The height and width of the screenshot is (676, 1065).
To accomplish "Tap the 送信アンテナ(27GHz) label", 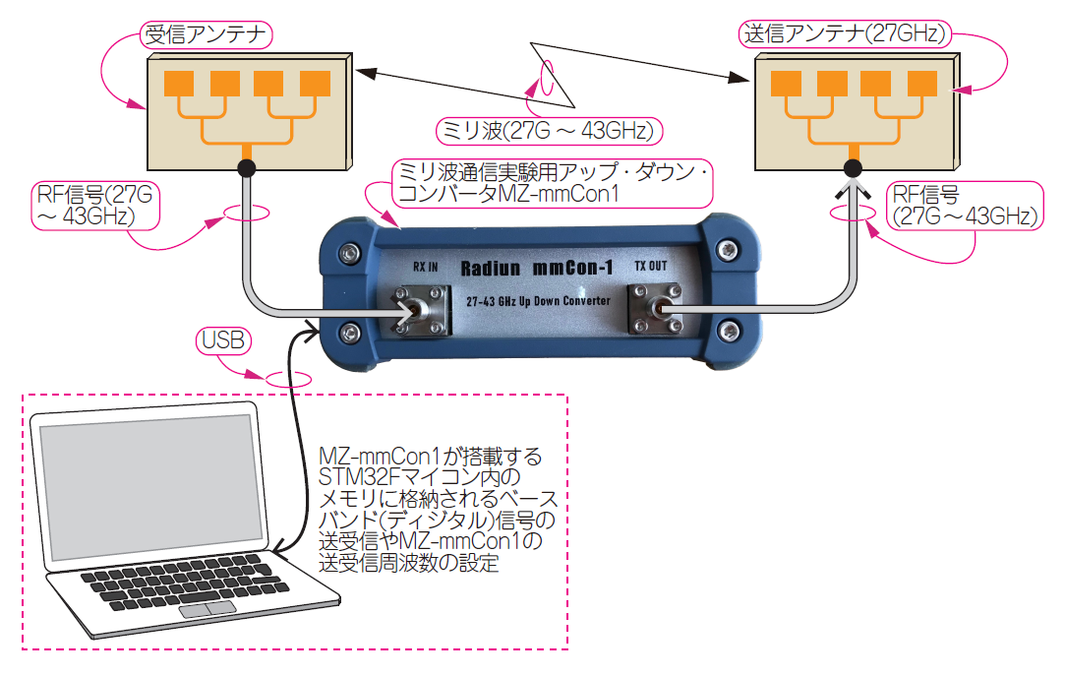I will [x=844, y=34].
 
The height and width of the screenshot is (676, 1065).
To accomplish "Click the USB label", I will [x=223, y=340].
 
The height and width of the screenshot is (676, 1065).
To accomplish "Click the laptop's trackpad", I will [x=207, y=609].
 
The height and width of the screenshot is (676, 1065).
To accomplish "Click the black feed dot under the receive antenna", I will [x=246, y=168].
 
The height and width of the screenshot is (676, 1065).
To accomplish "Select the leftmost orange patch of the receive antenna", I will [x=179, y=83].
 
